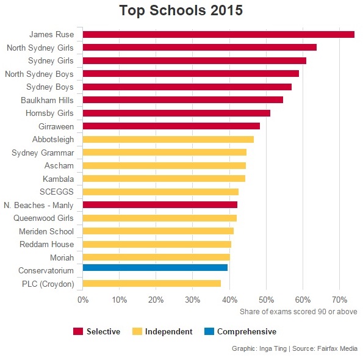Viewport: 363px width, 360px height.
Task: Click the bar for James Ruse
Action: click(x=218, y=34)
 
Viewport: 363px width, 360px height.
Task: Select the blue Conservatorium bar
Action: click(x=155, y=268)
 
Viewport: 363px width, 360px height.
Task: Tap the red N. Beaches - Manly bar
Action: click(x=160, y=204)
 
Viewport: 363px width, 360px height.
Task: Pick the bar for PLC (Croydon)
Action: click(x=152, y=283)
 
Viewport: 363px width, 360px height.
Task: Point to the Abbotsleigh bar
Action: click(x=168, y=139)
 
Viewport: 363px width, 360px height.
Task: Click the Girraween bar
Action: click(x=171, y=126)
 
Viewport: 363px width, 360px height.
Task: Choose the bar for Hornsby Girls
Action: click(x=176, y=113)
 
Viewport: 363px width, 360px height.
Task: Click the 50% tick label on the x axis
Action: click(x=266, y=300)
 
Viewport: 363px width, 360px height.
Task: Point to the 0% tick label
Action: click(x=83, y=300)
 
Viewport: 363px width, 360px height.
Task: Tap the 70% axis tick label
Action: click(x=339, y=300)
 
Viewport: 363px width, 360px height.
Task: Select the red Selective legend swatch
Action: click(x=78, y=331)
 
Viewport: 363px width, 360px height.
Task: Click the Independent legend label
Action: click(x=168, y=331)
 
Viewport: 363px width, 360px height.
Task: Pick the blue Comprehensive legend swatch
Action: click(x=209, y=331)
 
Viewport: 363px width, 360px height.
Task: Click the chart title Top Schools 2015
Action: click(x=181, y=10)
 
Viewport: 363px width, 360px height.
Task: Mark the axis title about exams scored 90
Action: click(x=298, y=312)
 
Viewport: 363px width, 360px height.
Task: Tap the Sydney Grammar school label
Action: click(x=43, y=153)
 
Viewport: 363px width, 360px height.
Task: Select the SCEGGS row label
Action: click(x=57, y=192)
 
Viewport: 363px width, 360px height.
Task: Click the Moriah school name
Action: click(x=62, y=257)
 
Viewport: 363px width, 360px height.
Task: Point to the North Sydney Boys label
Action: click(x=40, y=74)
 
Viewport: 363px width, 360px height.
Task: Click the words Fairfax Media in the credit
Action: click(x=337, y=348)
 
